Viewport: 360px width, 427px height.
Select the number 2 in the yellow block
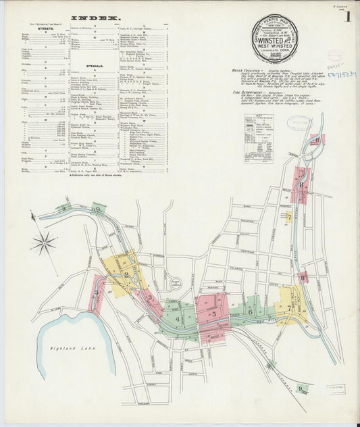[x=126, y=274]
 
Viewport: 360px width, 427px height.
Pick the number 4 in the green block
[x=178, y=319]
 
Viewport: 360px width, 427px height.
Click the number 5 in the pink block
[x=213, y=313]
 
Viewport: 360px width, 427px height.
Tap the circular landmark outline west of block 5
[x=178, y=283]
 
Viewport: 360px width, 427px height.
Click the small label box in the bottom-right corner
[x=336, y=389]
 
